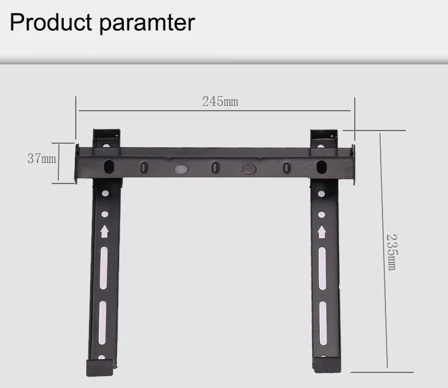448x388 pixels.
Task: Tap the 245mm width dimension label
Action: click(x=220, y=101)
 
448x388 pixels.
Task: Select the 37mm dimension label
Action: click(x=41, y=159)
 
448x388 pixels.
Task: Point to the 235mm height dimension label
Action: click(x=391, y=251)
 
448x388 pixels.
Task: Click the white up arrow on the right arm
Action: click(x=322, y=232)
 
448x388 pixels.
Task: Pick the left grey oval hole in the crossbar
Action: click(x=181, y=170)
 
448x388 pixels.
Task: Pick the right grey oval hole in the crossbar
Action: click(x=249, y=170)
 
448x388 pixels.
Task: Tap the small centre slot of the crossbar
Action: click(x=215, y=167)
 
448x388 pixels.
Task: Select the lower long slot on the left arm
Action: click(x=102, y=322)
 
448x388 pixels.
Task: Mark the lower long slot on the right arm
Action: click(x=323, y=322)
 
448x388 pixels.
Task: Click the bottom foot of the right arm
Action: click(x=325, y=365)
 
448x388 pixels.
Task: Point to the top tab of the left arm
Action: click(x=106, y=137)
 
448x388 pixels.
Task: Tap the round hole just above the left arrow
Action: click(x=105, y=214)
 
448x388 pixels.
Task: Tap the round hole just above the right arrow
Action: click(x=322, y=214)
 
